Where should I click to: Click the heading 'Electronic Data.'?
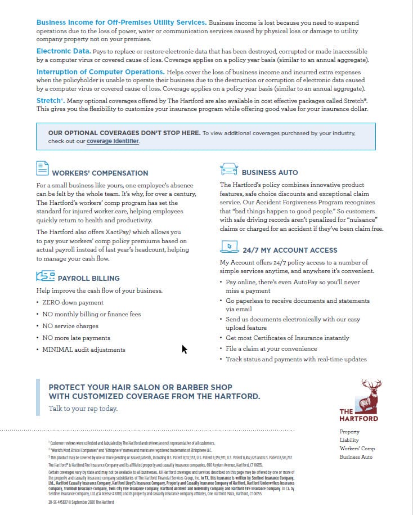(x=64, y=51)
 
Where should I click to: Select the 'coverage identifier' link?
(x=113, y=141)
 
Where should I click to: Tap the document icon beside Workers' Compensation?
(x=42, y=168)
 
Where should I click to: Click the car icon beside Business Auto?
(x=228, y=168)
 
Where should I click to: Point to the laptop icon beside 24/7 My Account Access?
(x=228, y=247)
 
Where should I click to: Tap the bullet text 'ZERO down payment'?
(x=73, y=302)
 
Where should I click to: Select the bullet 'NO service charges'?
(x=70, y=326)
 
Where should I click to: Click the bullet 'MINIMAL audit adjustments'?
(x=84, y=350)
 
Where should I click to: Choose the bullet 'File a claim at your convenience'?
(x=271, y=348)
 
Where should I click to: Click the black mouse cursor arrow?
(x=184, y=350)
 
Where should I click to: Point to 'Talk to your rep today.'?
(x=83, y=408)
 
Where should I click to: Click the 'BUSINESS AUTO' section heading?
(x=270, y=172)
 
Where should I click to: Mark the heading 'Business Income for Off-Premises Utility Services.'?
(x=121, y=22)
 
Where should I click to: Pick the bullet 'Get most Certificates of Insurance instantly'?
(x=288, y=338)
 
